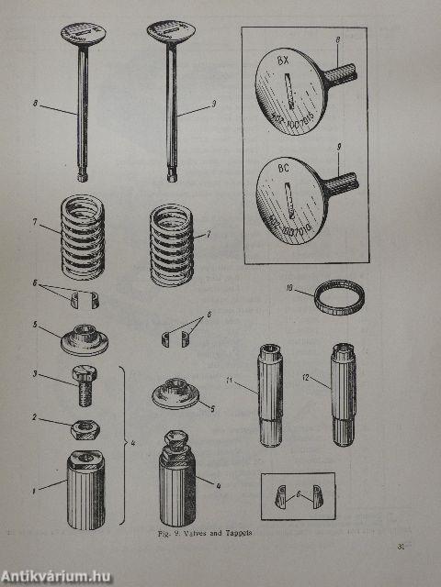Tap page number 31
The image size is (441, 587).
coord(401,548)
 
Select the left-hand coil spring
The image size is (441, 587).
coord(82,241)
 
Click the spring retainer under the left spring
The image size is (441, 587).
coord(83,338)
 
